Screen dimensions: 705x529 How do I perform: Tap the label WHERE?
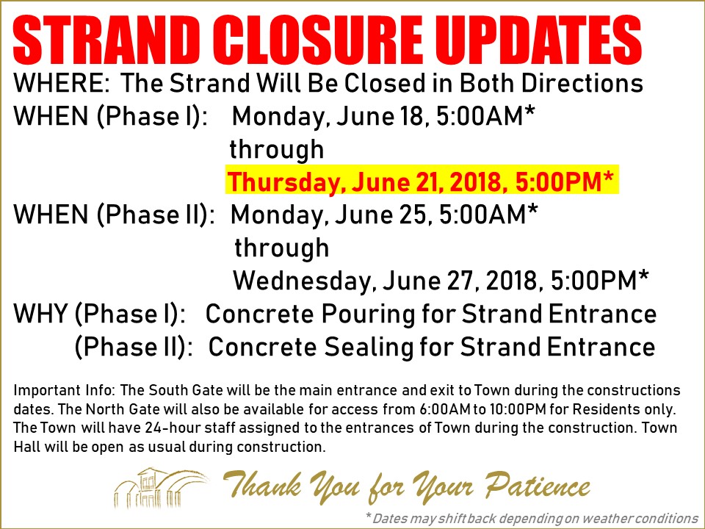[62, 83]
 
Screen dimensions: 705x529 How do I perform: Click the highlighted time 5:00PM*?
[564, 181]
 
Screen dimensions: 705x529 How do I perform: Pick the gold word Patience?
[537, 486]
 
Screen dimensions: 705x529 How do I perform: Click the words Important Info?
[65, 390]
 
